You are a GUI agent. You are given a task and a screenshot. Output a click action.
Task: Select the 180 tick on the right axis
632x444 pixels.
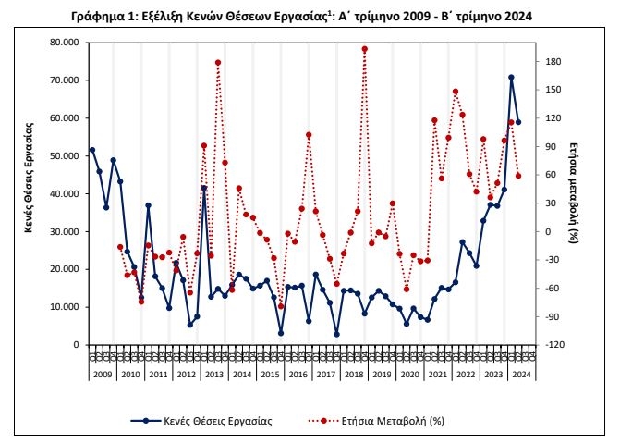553,61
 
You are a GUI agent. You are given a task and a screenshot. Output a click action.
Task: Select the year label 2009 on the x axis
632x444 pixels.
102,374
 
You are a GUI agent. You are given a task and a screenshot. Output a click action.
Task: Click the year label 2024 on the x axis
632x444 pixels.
521,374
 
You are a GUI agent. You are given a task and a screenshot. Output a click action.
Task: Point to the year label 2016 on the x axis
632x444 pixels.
298,374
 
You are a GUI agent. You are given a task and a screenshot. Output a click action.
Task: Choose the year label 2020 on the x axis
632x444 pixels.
409,374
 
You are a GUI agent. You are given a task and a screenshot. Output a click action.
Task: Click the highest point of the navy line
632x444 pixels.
511,78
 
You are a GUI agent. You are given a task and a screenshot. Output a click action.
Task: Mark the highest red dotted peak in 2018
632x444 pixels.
365,49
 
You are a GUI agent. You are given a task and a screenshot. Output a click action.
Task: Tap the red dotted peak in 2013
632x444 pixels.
217,63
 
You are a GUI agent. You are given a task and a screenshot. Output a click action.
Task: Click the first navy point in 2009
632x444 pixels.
91,150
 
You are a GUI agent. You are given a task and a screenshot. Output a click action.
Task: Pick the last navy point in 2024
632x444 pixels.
518,122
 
